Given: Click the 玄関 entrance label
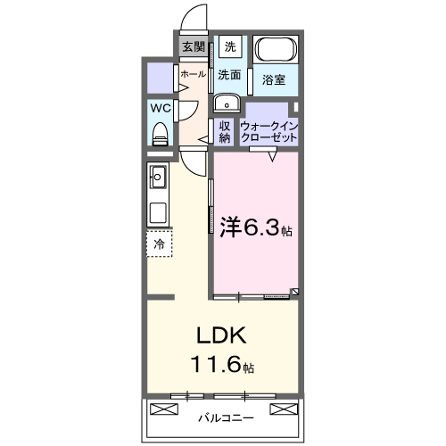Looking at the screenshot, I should click(193, 46).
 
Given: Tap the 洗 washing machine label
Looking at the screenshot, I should click(231, 46).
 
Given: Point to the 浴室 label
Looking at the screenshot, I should click(273, 80).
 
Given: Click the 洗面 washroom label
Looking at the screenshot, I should click(230, 76).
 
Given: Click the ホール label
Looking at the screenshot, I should click(193, 75).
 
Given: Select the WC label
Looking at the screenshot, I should click(160, 108).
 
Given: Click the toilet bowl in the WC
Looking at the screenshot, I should click(161, 134).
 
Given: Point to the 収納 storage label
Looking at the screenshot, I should click(224, 131).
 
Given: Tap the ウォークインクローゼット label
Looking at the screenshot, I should click(268, 132).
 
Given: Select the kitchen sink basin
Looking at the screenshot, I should click(159, 177).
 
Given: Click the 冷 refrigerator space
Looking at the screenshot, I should click(159, 242).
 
